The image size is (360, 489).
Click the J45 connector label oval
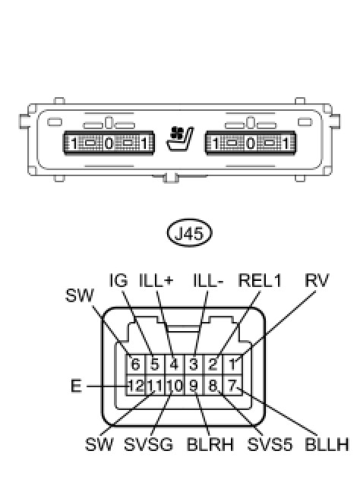click(190, 233)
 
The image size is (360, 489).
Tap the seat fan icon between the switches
click(180, 139)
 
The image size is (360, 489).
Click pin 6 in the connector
click(135, 364)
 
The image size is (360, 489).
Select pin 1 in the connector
click(232, 364)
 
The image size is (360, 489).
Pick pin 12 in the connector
click(135, 386)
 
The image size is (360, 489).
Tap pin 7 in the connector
click(232, 386)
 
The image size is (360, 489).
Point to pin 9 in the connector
click(194, 386)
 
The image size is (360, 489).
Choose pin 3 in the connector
click(194, 364)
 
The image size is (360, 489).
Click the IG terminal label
click(118, 280)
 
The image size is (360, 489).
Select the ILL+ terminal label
click(156, 280)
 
